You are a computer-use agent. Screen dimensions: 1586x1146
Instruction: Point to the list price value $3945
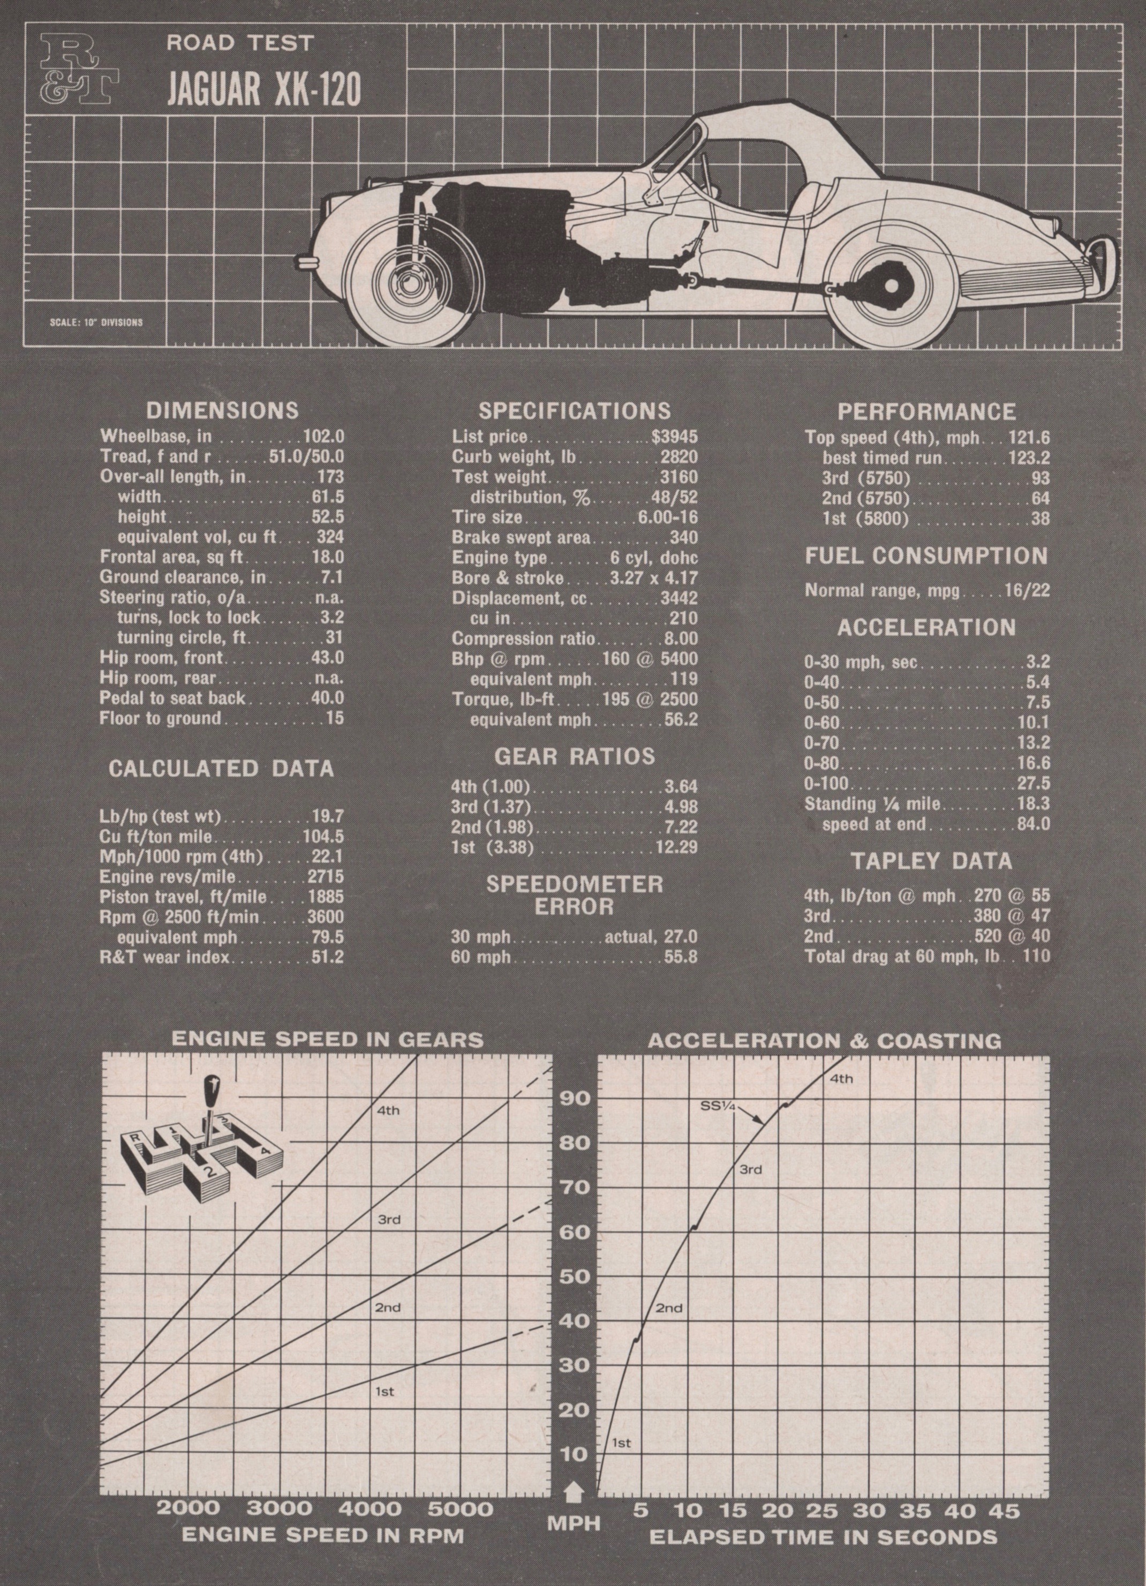pos(674,437)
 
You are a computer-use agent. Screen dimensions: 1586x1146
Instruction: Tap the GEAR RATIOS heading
pos(575,756)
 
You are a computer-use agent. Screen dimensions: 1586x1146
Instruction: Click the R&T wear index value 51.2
pos(327,956)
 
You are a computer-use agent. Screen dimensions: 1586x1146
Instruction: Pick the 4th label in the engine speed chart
pos(388,1110)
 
